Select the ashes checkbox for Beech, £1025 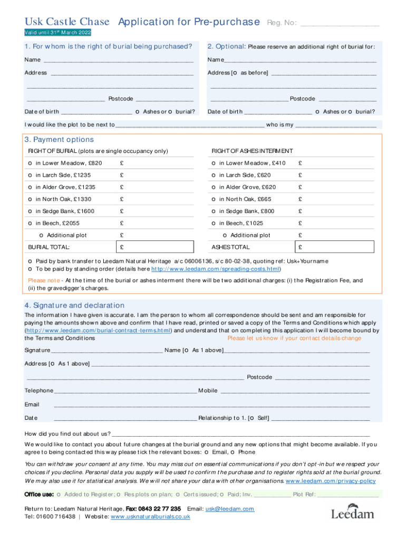(214, 223)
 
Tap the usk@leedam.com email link (230, 509)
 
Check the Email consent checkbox (207, 452)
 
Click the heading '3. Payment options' (59, 140)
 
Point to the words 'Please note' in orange (44, 281)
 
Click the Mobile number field (295, 391)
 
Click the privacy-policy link (331, 481)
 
